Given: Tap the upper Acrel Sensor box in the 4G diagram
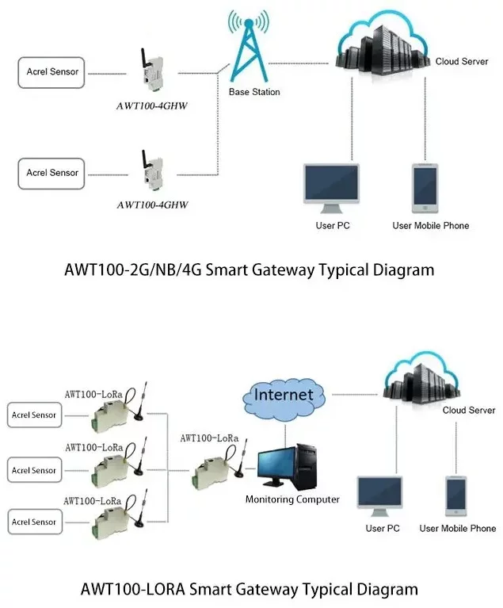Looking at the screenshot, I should (52, 73).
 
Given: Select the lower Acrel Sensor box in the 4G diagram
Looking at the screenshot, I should (52, 173).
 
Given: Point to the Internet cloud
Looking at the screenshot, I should (283, 395).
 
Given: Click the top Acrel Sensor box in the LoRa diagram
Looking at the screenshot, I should (33, 415).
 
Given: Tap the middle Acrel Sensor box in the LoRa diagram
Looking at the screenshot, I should (33, 470).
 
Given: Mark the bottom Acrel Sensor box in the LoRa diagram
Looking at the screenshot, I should (33, 522).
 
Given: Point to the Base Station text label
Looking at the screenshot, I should (254, 92).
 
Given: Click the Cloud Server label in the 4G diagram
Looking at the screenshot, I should (462, 61).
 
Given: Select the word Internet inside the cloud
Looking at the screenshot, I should (283, 395).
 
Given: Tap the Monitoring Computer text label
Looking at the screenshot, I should (292, 499).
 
